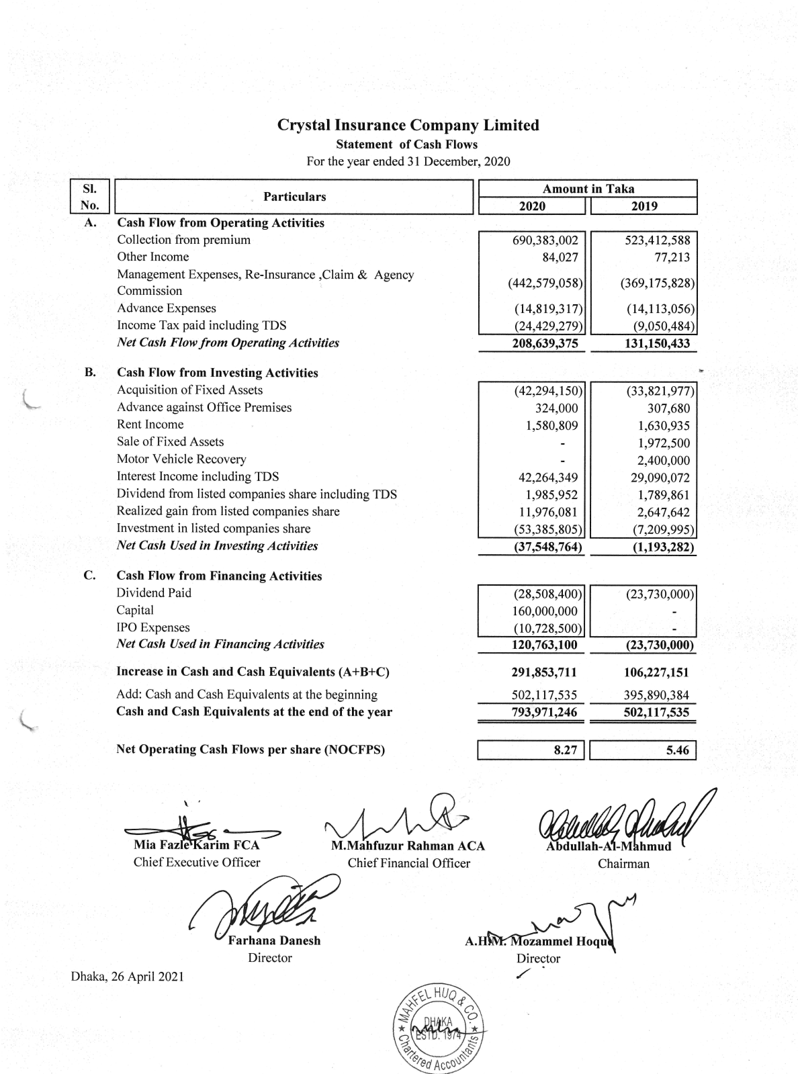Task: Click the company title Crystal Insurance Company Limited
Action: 408,126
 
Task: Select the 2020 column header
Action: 533,206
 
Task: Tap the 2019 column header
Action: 644,206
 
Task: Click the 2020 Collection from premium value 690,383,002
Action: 545,240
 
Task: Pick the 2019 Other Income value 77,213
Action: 672,257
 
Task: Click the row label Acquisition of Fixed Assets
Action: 189,390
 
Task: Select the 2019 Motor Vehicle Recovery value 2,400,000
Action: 663,461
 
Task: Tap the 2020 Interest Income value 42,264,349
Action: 545,478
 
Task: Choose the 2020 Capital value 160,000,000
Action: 545,611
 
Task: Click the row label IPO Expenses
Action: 153,627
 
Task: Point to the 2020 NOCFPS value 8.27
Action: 565,750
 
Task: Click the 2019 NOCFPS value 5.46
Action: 677,750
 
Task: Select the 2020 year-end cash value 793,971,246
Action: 545,713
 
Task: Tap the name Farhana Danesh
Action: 274,940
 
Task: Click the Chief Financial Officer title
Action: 408,863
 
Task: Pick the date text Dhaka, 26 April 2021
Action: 128,976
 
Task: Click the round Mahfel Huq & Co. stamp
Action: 439,1026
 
